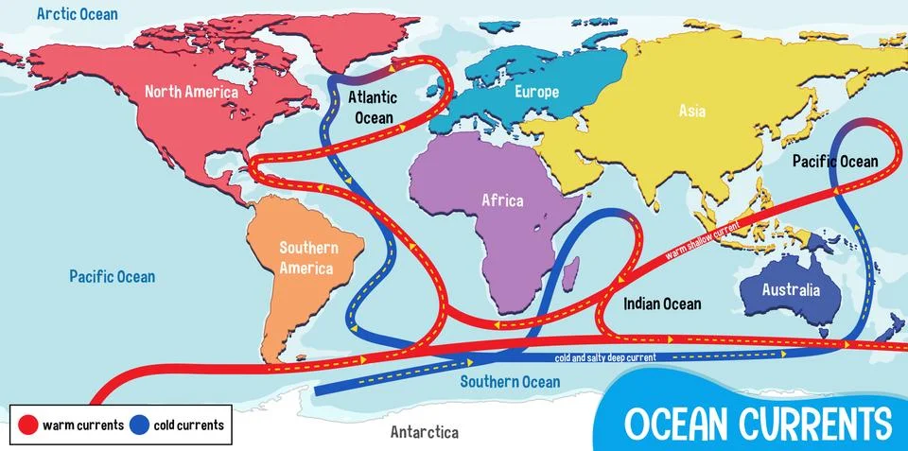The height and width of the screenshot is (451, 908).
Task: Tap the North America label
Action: [191, 92]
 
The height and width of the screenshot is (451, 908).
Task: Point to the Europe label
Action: [536, 92]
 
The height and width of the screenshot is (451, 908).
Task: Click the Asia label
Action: [692, 111]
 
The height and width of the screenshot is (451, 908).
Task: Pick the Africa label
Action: [502, 200]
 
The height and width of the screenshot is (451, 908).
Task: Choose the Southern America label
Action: [306, 257]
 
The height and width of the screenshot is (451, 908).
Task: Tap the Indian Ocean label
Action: [662, 304]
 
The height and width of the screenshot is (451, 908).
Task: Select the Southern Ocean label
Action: [510, 382]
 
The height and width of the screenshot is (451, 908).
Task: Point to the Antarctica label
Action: [425, 432]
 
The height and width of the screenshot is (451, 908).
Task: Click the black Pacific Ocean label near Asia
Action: [835, 162]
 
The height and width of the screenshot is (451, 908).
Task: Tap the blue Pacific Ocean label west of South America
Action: [112, 276]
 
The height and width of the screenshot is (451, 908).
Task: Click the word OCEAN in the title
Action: [673, 421]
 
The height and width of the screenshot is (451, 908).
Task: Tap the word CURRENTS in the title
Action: [813, 421]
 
